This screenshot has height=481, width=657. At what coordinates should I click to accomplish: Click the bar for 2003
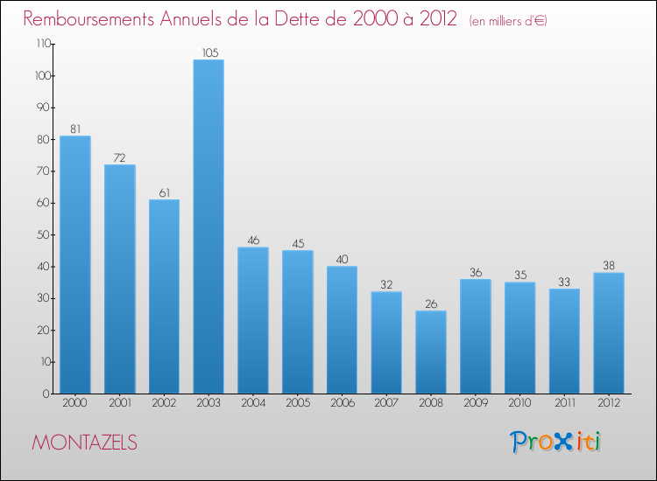208,227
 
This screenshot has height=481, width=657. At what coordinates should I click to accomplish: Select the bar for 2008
430,352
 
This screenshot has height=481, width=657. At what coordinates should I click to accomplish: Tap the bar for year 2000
75,264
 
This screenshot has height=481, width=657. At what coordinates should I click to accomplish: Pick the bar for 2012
608,333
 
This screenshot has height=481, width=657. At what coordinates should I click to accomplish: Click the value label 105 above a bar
208,52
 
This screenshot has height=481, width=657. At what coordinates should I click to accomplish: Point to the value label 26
430,303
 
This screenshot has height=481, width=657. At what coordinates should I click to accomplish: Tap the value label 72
120,158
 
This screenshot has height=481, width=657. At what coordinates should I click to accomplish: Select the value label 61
164,192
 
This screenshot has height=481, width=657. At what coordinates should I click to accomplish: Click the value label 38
608,265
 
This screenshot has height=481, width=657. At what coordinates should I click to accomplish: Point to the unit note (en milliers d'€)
508,20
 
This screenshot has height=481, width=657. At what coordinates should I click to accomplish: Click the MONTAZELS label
85,443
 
